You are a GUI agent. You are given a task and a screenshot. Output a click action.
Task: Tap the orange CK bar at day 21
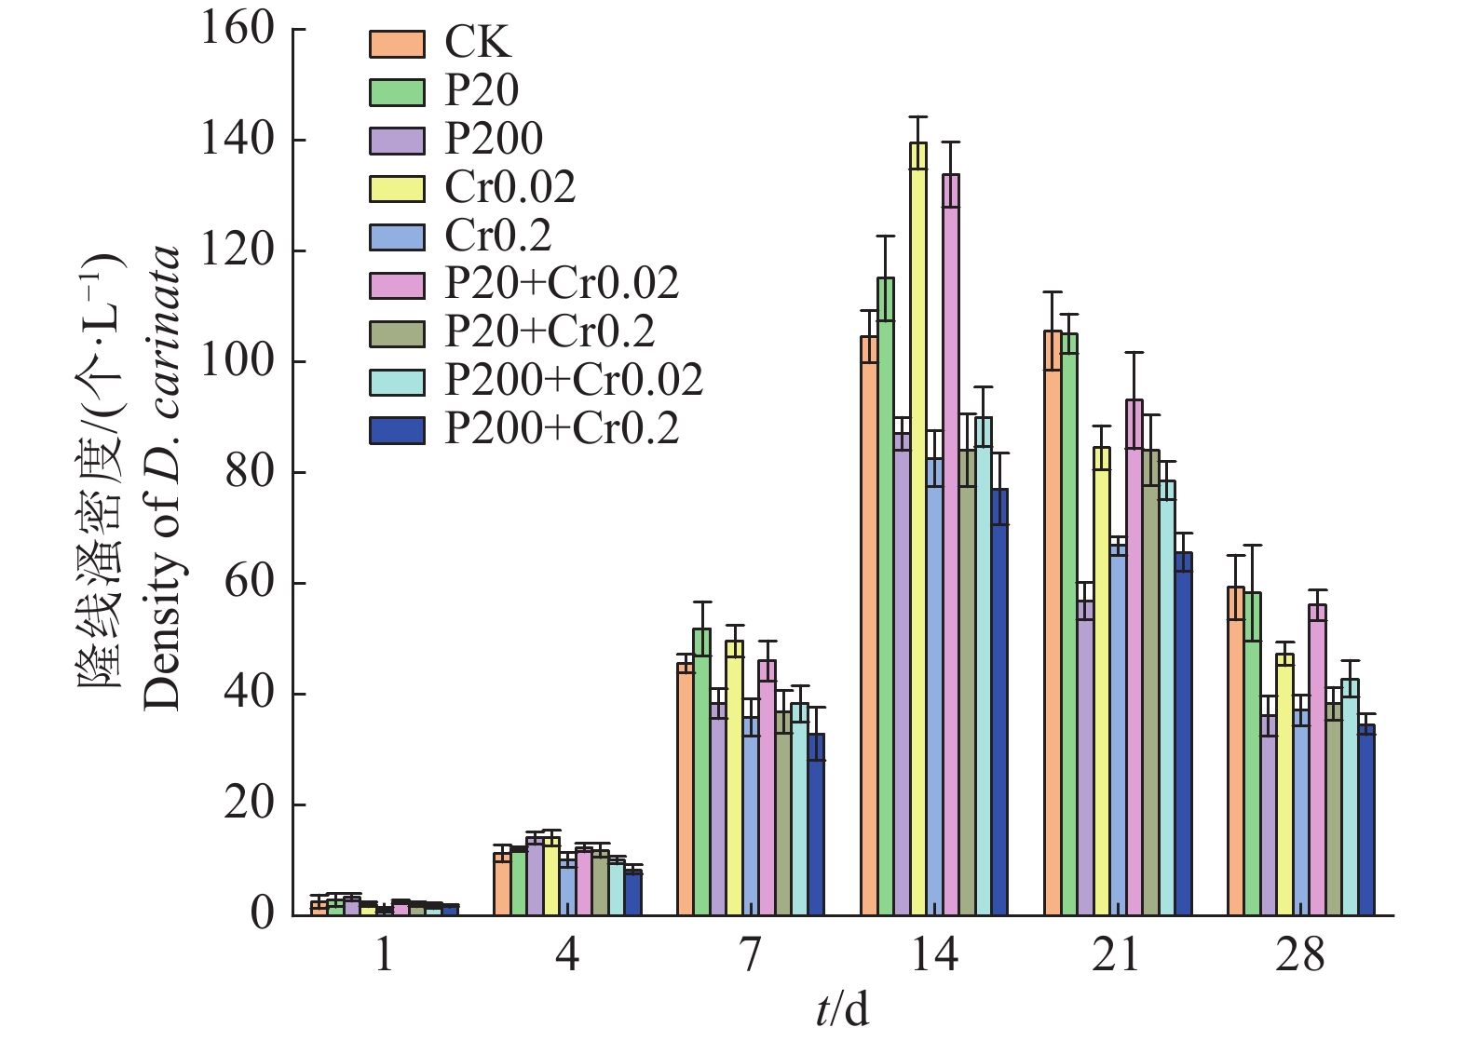pyautogui.click(x=1053, y=623)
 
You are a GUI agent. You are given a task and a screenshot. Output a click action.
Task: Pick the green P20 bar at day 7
pyautogui.click(x=701, y=772)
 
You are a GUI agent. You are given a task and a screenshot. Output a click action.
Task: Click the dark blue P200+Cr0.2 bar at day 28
pyautogui.click(x=1366, y=819)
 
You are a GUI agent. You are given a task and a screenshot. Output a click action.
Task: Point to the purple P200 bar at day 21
pyautogui.click(x=1085, y=758)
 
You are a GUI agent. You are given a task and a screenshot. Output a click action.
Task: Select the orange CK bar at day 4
pyautogui.click(x=502, y=884)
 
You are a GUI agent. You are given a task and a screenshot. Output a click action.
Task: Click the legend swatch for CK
pyautogui.click(x=397, y=44)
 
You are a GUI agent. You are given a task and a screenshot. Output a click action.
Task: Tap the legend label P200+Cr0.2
pyautogui.click(x=562, y=428)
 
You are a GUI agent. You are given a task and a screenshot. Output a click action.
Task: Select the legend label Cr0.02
pyautogui.click(x=509, y=188)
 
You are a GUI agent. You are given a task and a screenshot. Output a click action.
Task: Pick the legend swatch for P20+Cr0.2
pyautogui.click(x=397, y=333)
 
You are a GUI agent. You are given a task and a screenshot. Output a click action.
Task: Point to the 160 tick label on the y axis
pyautogui.click(x=238, y=29)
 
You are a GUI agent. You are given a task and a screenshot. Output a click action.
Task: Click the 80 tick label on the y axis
pyautogui.click(x=250, y=472)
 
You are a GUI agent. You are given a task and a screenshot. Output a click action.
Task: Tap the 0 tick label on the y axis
pyautogui.click(x=264, y=913)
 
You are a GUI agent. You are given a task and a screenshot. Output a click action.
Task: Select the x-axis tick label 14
pyautogui.click(x=933, y=956)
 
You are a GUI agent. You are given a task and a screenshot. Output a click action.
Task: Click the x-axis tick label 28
pyautogui.click(x=1300, y=956)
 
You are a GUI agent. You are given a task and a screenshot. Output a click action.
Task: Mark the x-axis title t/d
pyautogui.click(x=842, y=1010)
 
